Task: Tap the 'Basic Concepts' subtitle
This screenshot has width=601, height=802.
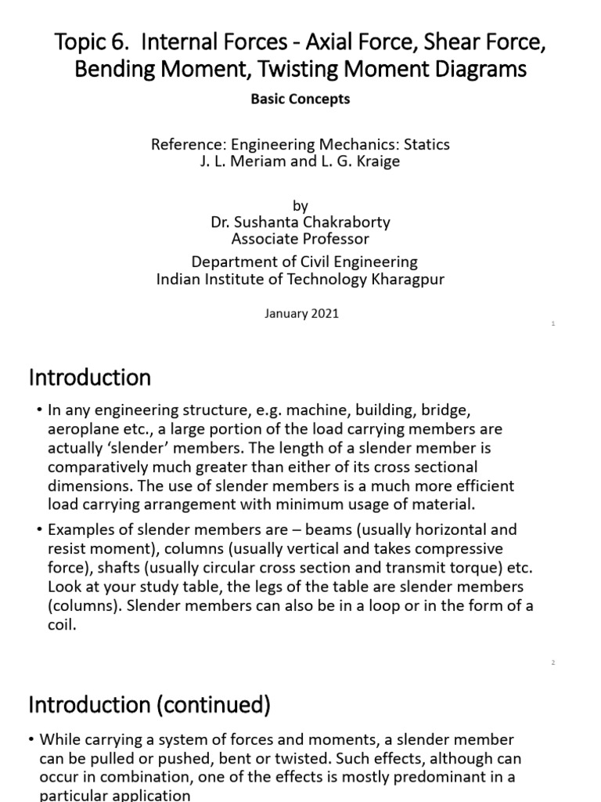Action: point(300,99)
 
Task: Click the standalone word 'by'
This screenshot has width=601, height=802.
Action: point(300,205)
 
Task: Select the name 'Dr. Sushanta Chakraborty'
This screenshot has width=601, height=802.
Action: point(300,222)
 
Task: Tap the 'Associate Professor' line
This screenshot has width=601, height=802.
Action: point(300,239)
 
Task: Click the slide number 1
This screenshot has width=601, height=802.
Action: point(553,323)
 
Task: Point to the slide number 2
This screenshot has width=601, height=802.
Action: point(552,663)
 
